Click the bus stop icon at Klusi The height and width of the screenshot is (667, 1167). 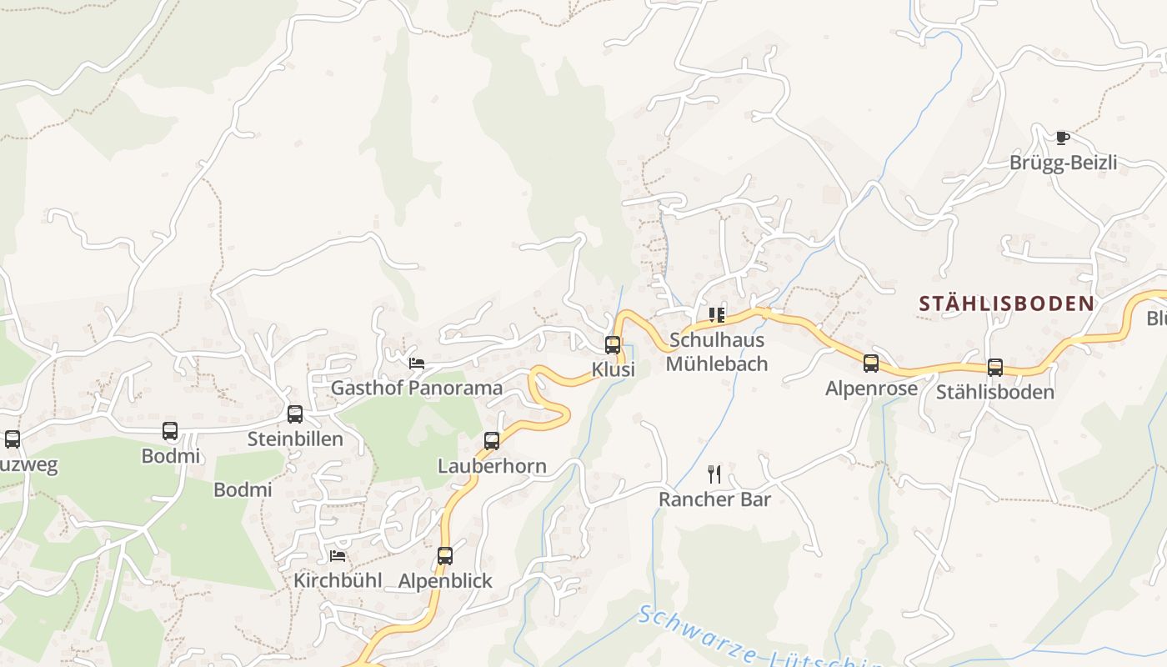pyautogui.click(x=613, y=345)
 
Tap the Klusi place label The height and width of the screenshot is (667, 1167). pyautogui.click(x=614, y=369)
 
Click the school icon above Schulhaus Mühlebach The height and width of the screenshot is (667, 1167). pyautogui.click(x=717, y=315)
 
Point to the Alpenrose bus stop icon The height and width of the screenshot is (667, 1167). pyautogui.click(x=871, y=364)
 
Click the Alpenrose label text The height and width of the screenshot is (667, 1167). pyautogui.click(x=871, y=389)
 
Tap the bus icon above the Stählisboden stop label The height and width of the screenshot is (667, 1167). pyautogui.click(x=994, y=368)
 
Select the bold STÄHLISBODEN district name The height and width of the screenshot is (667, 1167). pyautogui.click(x=1006, y=303)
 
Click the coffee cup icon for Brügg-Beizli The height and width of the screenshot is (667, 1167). pyautogui.click(x=1062, y=138)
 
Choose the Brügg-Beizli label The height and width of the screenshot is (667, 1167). pyautogui.click(x=1063, y=163)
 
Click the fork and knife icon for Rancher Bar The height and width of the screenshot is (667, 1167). pyautogui.click(x=714, y=474)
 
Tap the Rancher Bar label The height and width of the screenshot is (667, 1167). pyautogui.click(x=714, y=499)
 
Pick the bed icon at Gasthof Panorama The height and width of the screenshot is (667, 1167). pyautogui.click(x=417, y=364)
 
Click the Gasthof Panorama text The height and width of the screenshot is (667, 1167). pyautogui.click(x=417, y=388)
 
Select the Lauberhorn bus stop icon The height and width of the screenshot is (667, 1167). pyautogui.click(x=492, y=441)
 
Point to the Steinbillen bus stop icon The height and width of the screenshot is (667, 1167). pyautogui.click(x=295, y=414)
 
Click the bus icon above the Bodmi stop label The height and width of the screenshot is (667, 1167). pyautogui.click(x=170, y=431)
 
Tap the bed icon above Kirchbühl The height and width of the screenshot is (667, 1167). pyautogui.click(x=338, y=556)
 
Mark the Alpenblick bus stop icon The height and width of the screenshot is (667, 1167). pyautogui.click(x=445, y=556)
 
